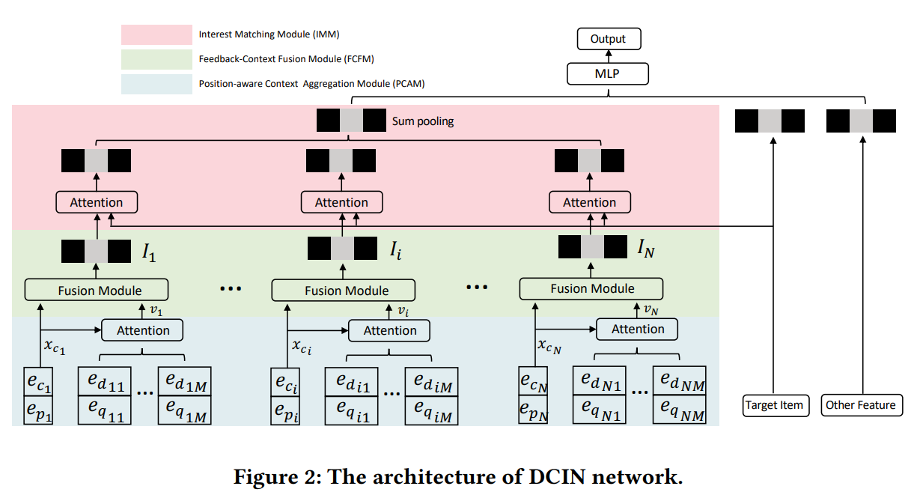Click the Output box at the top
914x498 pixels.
[608, 39]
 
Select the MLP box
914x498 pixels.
[608, 73]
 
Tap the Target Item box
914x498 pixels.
[774, 405]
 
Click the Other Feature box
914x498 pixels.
[861, 405]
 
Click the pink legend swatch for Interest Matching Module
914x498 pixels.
[156, 34]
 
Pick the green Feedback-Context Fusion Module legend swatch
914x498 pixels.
[156, 59]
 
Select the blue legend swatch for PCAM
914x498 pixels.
[156, 83]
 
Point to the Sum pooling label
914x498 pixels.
[423, 121]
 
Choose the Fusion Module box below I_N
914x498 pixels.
[591, 288]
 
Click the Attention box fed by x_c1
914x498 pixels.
[142, 330]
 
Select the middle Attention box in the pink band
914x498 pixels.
[341, 202]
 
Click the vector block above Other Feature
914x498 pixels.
[861, 121]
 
